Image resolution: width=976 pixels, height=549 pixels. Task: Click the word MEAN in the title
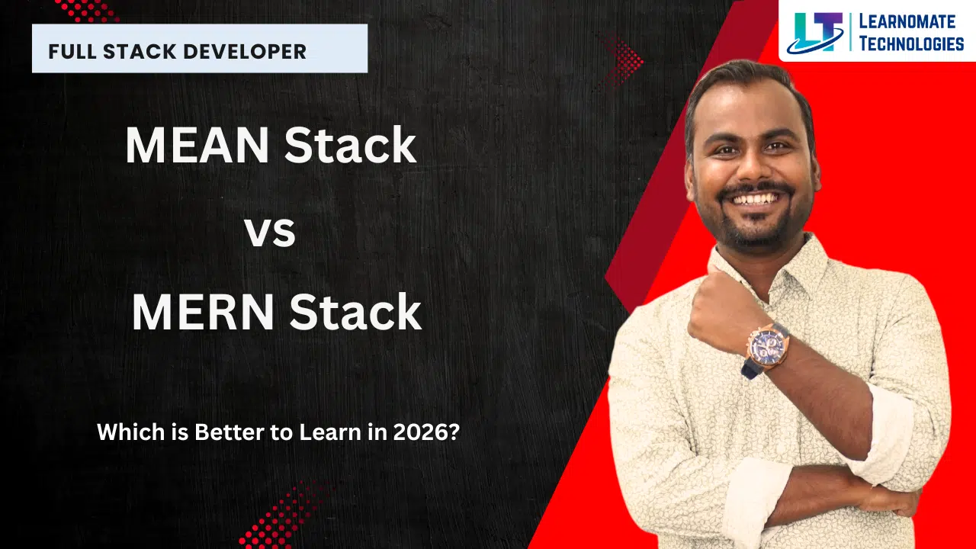tap(197, 145)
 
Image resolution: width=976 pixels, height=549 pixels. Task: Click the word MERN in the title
tap(203, 313)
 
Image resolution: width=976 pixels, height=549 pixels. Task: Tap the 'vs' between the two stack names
tap(270, 233)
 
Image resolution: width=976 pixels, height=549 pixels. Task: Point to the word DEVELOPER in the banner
tap(245, 52)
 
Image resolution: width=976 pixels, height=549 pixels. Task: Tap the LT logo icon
tap(816, 33)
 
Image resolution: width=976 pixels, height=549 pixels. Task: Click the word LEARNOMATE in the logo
tap(907, 21)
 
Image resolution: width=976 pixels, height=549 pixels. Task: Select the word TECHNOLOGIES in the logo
tap(911, 44)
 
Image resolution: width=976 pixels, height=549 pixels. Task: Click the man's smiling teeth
tap(755, 200)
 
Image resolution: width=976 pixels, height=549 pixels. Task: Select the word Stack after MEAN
tap(350, 145)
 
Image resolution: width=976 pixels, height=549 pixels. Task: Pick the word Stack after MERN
tap(355, 313)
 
